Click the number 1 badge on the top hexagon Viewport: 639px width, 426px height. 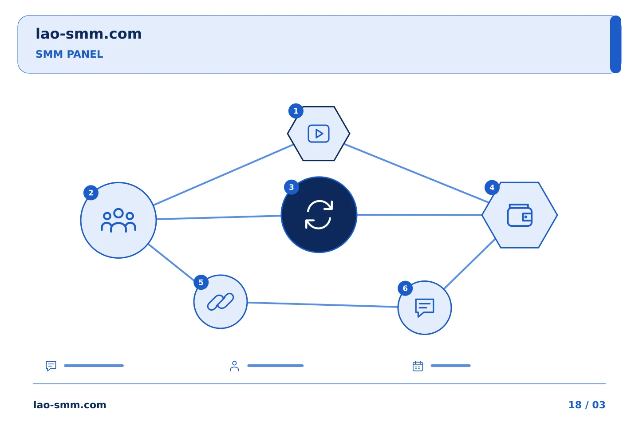coord(296,111)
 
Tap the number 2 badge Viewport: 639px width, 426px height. coord(91,193)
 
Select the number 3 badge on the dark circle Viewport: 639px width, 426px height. coord(292,187)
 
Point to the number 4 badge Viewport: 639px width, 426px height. coord(492,188)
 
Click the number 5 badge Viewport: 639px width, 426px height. coord(201,283)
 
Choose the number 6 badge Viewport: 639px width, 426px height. coord(405,288)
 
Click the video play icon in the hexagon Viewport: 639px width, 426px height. coord(319,134)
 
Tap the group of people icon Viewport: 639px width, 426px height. coord(118,220)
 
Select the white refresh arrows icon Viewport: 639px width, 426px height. coord(319,215)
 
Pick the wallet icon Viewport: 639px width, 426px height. coord(520,215)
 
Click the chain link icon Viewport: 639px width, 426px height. coord(221,302)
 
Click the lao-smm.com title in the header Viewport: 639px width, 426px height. coord(88,34)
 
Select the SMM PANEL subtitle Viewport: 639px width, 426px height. coord(69,54)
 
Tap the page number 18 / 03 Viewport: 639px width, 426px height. coord(587,405)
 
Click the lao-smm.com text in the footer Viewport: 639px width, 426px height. coord(70,405)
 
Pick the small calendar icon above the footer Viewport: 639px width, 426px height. coord(418,366)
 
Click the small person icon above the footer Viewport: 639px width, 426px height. coord(234,366)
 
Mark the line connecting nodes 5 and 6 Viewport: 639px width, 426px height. coord(323,305)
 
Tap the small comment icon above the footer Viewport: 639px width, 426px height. coord(51,366)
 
